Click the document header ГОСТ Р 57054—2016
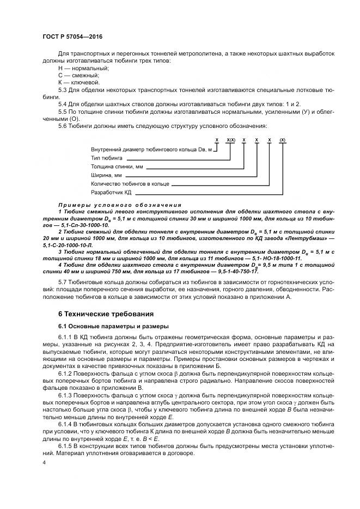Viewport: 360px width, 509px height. (x=72, y=36)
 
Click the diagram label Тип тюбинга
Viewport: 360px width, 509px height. (x=107, y=157)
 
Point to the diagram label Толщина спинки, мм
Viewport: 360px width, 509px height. (x=117, y=166)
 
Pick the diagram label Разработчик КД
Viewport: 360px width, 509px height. (x=111, y=192)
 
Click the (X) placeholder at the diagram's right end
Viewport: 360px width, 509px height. (x=282, y=140)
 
